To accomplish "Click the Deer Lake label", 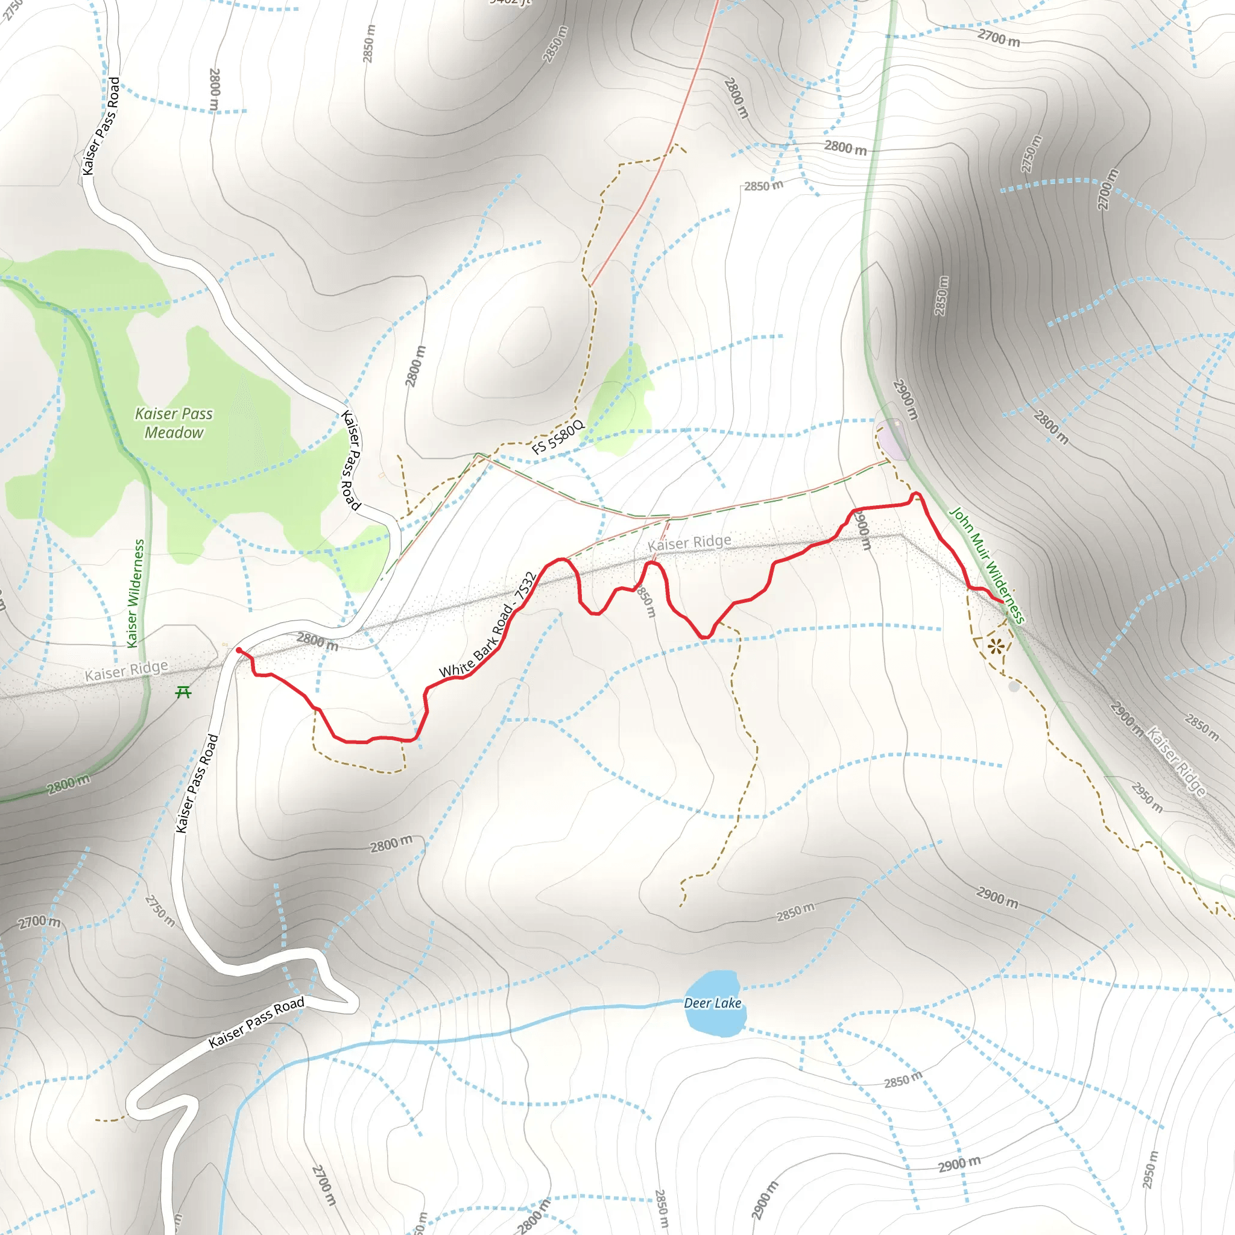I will coord(712,1003).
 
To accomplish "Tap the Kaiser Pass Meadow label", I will coord(174,423).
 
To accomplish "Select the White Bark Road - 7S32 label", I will coord(487,625).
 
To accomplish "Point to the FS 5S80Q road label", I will coord(557,437).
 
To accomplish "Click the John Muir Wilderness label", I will coord(987,564).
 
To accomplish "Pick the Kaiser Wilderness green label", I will coord(136,593).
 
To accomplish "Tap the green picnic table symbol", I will coord(183,692).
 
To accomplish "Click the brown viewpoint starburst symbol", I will coord(995,646).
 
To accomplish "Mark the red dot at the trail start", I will coord(239,650).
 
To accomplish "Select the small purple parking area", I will coord(892,440).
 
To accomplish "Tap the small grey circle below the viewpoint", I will coord(1014,686).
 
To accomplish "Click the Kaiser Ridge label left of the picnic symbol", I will coord(127,671).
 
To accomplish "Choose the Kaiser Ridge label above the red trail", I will coord(689,543).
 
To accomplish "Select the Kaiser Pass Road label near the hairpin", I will coord(256,1023).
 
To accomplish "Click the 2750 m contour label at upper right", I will coord(1031,154).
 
